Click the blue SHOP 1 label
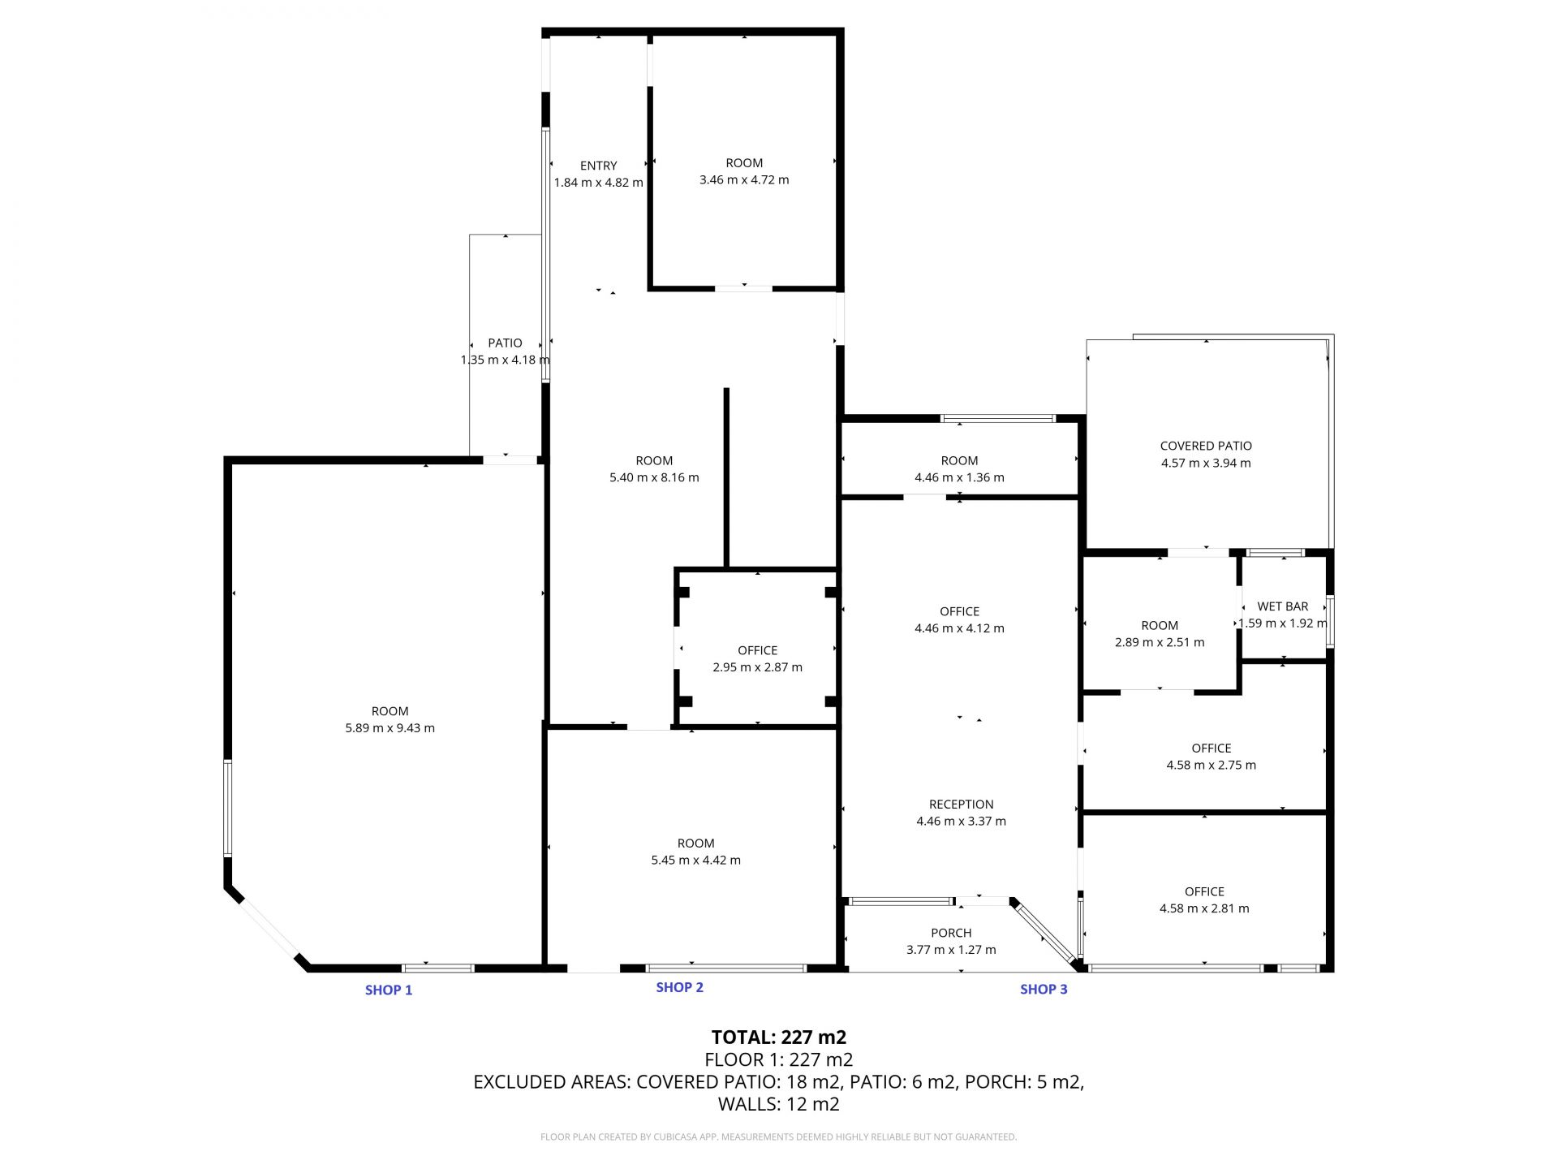coord(389,990)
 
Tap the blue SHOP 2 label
coord(679,987)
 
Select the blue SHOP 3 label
coord(1044,989)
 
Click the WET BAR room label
coord(1283,606)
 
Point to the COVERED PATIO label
coord(1206,446)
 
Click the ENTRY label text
coord(599,166)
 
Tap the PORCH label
coord(951,933)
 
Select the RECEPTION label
coord(962,804)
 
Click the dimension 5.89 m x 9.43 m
coord(390,728)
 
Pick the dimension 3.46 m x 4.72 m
coord(744,180)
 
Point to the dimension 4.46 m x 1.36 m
coord(960,478)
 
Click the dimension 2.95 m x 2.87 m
coord(758,667)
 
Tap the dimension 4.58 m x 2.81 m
coord(1204,908)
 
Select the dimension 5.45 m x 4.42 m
coord(696,861)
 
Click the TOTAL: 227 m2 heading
coord(779,1037)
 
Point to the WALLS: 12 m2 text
coord(779,1104)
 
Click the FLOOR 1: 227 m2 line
coord(779,1059)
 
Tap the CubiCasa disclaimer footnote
coord(779,1137)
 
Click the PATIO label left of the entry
coord(505,343)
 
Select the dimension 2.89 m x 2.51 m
coord(1160,642)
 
